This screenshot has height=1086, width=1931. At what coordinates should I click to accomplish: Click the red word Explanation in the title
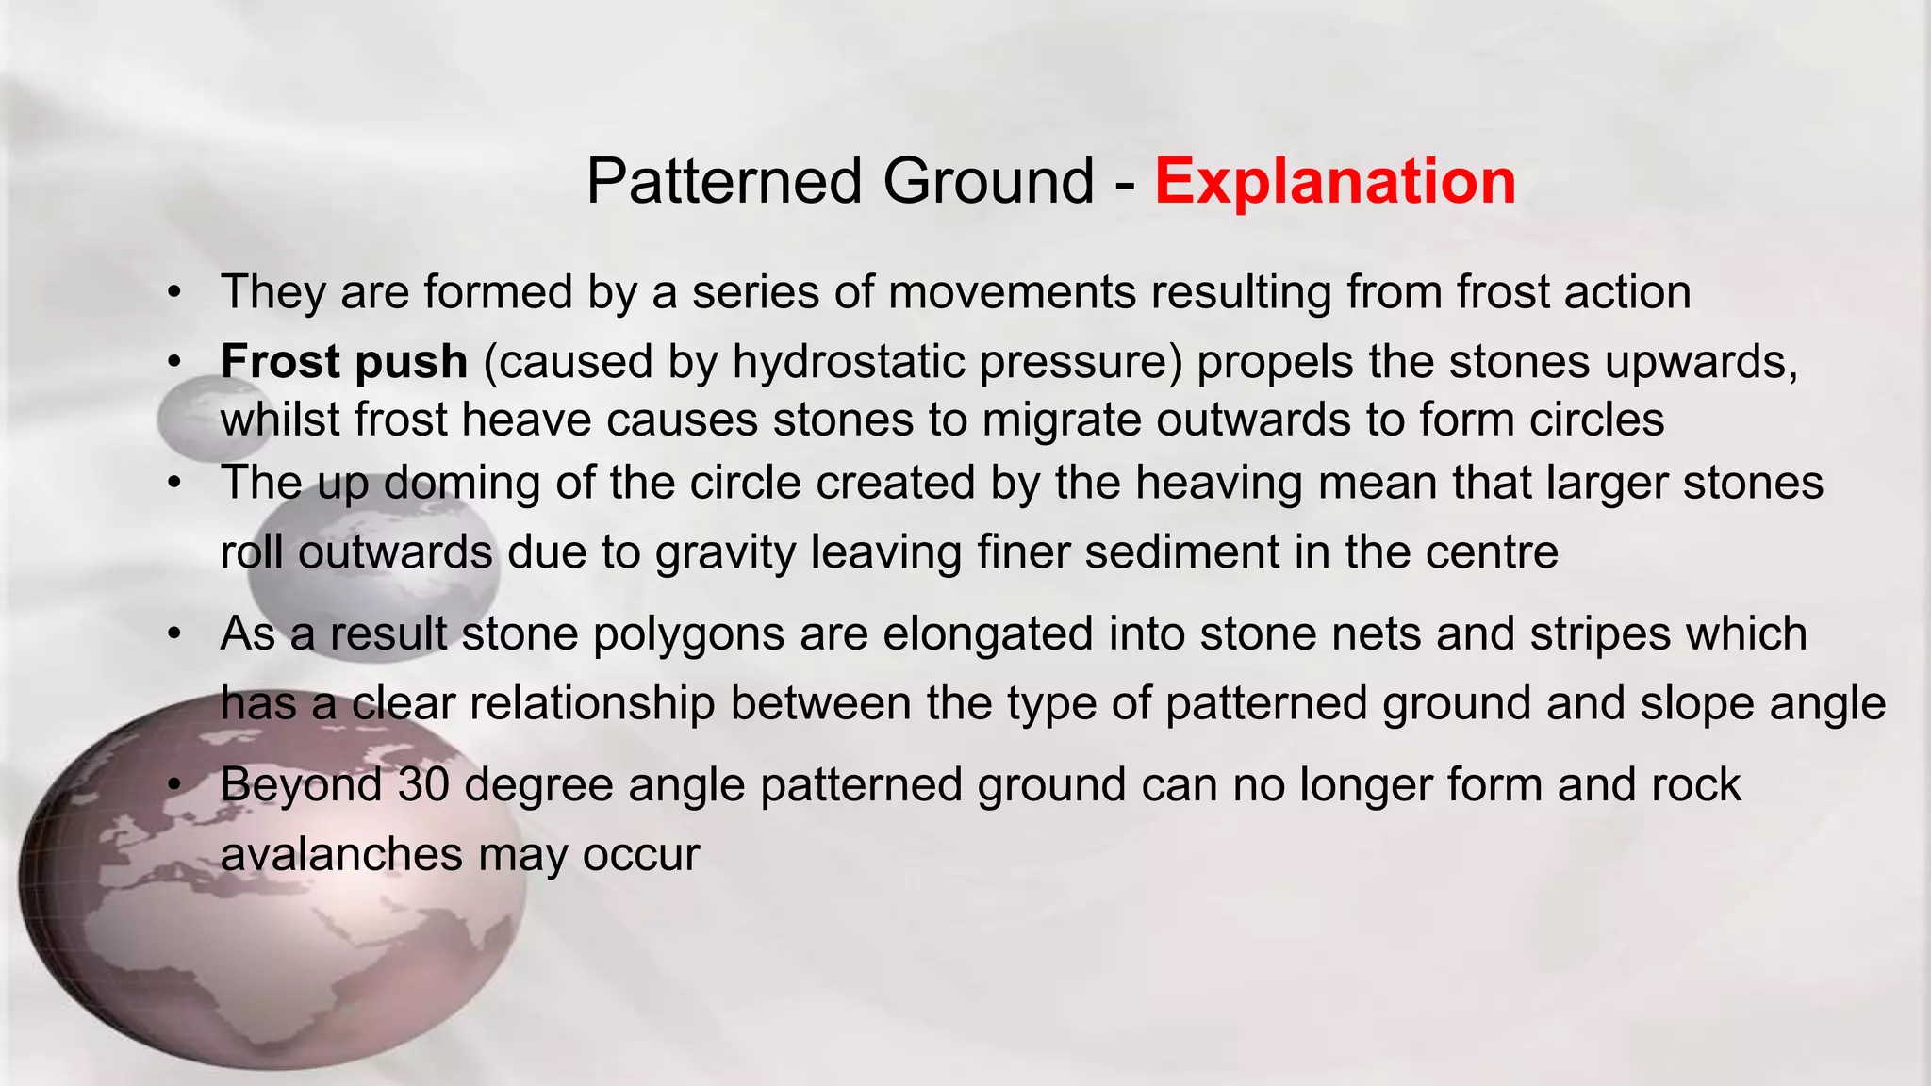pyautogui.click(x=1334, y=181)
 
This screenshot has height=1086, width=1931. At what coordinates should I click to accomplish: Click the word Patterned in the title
pyautogui.click(x=724, y=181)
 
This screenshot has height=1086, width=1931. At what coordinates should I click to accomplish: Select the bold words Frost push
pyautogui.click(x=344, y=362)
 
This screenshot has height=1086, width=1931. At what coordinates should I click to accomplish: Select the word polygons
pyautogui.click(x=688, y=633)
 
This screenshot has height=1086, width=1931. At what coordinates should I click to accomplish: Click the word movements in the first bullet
pyautogui.click(x=1012, y=292)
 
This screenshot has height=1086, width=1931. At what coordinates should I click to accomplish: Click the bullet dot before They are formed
pyautogui.click(x=173, y=293)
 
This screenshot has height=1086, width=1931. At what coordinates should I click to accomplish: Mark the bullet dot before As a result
pyautogui.click(x=173, y=634)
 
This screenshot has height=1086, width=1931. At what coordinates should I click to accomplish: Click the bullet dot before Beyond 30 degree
pyautogui.click(x=173, y=785)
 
